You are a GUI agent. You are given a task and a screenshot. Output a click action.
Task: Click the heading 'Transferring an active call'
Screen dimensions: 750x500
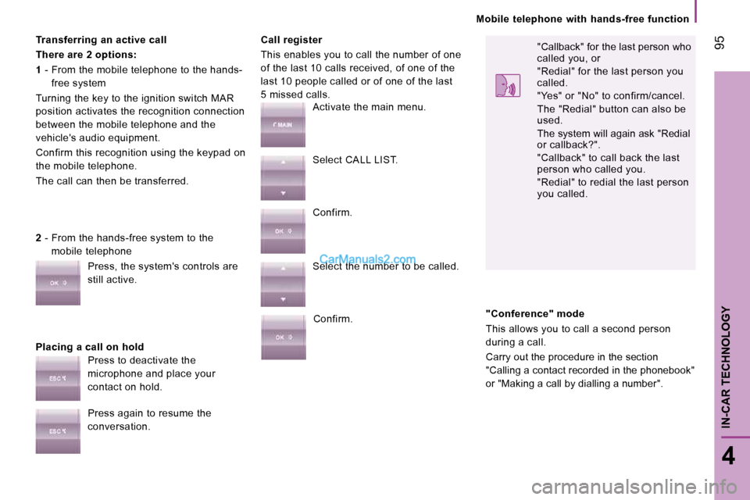(101, 40)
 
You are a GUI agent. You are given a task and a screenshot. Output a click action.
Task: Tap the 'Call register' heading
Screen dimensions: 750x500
(291, 40)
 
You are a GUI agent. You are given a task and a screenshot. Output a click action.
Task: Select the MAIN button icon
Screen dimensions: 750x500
(283, 124)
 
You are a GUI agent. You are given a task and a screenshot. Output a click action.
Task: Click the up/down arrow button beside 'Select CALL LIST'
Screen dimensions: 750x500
(283, 177)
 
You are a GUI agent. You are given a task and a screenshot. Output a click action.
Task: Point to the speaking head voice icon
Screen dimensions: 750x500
(508, 86)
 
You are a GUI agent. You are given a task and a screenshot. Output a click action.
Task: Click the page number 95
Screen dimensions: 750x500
(720, 42)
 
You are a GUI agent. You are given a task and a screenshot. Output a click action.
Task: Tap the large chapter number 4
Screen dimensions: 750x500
(728, 456)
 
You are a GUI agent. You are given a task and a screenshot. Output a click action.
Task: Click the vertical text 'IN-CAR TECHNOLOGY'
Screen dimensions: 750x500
(726, 367)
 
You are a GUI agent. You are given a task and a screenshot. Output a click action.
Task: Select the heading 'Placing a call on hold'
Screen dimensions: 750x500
(89, 347)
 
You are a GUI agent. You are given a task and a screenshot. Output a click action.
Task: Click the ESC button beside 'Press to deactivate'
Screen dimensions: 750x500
(58, 378)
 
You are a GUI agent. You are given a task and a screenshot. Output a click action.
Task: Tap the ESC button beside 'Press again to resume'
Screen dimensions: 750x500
(58, 431)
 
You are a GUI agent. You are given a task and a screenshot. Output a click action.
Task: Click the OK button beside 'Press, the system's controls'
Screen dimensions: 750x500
(58, 283)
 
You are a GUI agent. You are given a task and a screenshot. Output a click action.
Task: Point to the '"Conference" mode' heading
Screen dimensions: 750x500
(534, 314)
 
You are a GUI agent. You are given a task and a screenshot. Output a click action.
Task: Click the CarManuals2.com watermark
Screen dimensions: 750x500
(367, 259)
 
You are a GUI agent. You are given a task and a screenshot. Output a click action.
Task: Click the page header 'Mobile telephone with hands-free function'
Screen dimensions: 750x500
(583, 19)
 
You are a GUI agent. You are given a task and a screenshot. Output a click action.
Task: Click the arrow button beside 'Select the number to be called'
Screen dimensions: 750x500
(283, 284)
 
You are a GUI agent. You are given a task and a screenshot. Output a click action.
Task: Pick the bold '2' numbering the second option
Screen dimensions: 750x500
(38, 237)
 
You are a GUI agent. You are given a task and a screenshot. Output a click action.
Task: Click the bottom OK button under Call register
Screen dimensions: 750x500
(283, 337)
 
